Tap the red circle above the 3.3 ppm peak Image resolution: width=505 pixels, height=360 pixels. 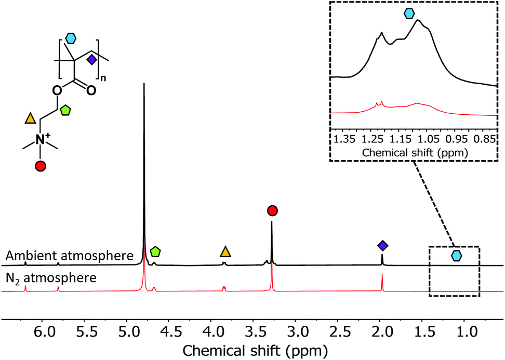(x=272, y=210)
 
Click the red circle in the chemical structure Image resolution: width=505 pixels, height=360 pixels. (x=41, y=166)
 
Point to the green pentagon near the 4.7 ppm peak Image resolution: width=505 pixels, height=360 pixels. (x=155, y=252)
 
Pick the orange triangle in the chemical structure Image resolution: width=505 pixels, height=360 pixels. (x=30, y=119)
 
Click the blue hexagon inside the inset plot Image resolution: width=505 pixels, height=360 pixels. (x=409, y=14)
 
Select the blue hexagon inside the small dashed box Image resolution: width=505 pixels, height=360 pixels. (x=456, y=256)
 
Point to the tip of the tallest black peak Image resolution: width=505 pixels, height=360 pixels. (x=144, y=84)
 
